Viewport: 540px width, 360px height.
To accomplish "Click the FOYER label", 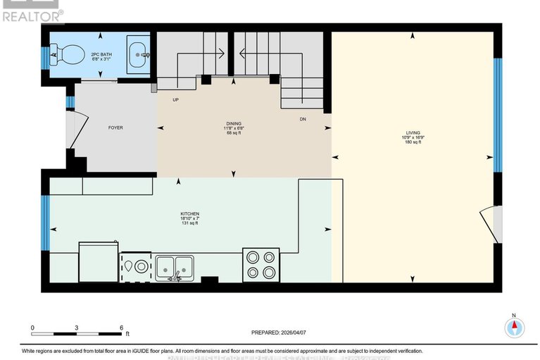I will point(115,128).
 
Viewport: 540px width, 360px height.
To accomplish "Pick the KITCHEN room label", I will point(189,213).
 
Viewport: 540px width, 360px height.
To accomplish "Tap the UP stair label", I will point(176,100).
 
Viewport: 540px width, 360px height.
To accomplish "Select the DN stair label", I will point(302,119).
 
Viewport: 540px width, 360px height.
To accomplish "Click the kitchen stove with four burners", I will point(260,265).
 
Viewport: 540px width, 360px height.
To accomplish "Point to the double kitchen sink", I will point(175,266).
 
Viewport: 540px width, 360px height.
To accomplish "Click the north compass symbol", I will point(515,326).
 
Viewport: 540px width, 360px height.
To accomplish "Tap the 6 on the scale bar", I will point(121,328).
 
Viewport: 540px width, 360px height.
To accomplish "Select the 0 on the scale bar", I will point(32,328).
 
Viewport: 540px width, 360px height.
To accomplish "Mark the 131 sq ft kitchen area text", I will point(189,223).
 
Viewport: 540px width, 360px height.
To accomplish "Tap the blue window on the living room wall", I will point(496,116).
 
